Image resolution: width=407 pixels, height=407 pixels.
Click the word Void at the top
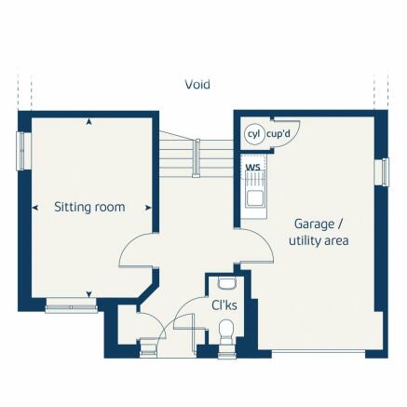(197, 84)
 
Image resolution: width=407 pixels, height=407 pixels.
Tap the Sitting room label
(89, 207)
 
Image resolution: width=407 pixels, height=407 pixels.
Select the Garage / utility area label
(319, 232)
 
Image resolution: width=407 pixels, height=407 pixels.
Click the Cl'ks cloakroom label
(224, 305)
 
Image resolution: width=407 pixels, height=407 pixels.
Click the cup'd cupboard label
(278, 134)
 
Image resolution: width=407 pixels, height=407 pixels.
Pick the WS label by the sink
(252, 168)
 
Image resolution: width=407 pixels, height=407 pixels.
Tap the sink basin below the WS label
(252, 197)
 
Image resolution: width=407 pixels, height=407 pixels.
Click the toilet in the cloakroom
(224, 331)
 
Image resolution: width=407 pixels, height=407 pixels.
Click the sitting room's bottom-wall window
(71, 304)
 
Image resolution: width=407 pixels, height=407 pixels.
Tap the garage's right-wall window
(383, 172)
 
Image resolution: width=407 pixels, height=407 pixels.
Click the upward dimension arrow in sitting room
(88, 121)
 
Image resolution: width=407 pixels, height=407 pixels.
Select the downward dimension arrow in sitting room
(88, 294)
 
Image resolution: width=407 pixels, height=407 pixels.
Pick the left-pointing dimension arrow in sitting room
(35, 207)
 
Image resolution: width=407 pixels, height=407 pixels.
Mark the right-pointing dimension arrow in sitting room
(147, 207)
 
